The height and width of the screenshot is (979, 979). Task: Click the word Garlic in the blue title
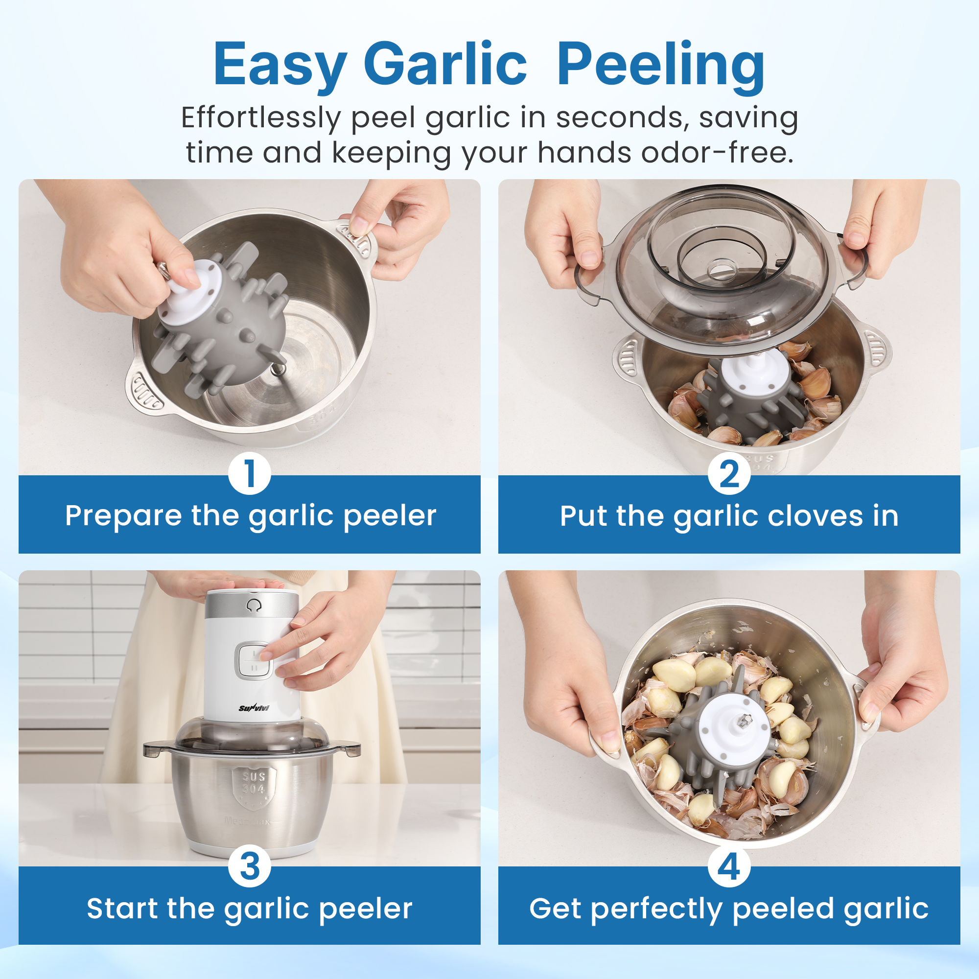point(445,66)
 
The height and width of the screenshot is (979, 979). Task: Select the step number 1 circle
point(249,474)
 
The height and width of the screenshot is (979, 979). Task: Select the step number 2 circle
point(729,474)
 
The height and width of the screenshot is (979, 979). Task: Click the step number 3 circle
point(249,865)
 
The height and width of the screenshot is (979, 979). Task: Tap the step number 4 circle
point(729,865)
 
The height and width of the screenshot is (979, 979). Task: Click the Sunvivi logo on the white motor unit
point(254,708)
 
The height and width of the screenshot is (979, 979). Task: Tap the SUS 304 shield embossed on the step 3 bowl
point(254,783)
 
